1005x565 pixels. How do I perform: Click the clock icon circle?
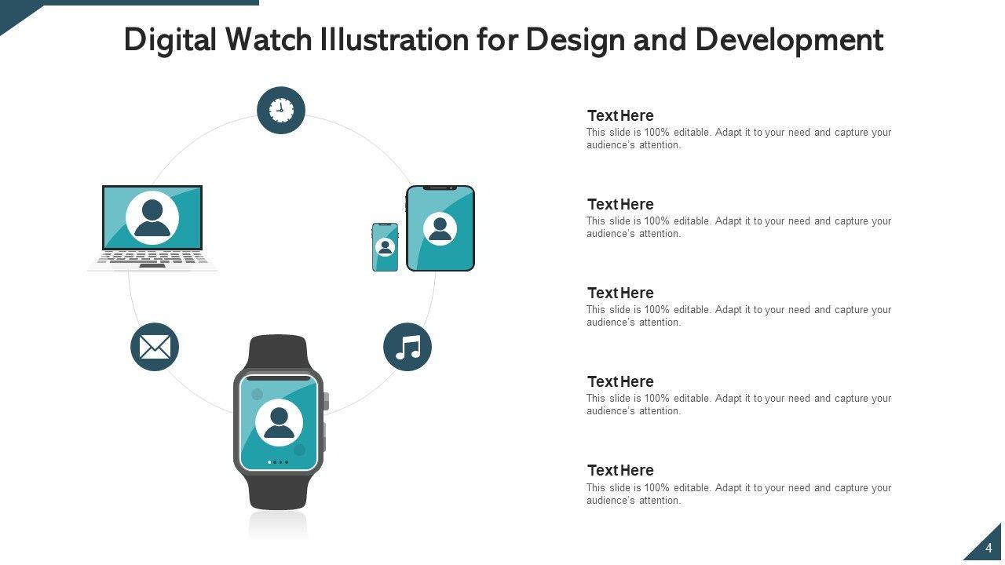[x=281, y=111]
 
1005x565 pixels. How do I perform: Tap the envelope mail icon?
[x=155, y=347]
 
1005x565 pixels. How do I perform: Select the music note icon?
[x=407, y=347]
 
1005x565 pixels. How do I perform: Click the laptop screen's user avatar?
[x=152, y=218]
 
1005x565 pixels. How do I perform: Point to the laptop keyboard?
[x=152, y=260]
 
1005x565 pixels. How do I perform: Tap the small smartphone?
[x=385, y=247]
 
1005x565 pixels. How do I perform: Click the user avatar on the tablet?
[x=440, y=228]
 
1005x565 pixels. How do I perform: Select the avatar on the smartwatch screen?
[x=279, y=422]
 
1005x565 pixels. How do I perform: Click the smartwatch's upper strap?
[x=278, y=352]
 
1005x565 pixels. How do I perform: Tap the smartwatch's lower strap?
[x=278, y=491]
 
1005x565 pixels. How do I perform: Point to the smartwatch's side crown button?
[x=326, y=401]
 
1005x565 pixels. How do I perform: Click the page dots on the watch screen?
[x=278, y=462]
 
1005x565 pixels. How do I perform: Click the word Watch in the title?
[x=269, y=39]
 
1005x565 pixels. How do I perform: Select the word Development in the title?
[x=789, y=40]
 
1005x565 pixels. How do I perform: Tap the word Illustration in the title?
[x=394, y=39]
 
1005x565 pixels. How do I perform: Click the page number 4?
[x=989, y=548]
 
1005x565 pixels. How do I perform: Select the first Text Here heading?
[x=620, y=115]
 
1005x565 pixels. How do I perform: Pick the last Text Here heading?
[x=620, y=470]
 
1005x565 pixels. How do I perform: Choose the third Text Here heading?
[x=620, y=293]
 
